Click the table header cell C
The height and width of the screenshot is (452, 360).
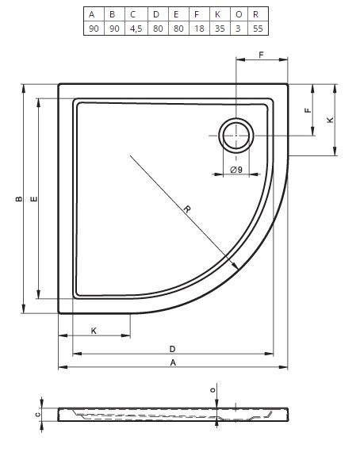pyautogui.click(x=136, y=14)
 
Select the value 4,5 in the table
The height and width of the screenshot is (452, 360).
pyautogui.click(x=136, y=29)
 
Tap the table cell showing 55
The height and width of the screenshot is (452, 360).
pyautogui.click(x=258, y=29)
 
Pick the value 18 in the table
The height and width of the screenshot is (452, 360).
pyautogui.click(x=199, y=29)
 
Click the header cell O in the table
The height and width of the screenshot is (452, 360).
pyautogui.click(x=239, y=14)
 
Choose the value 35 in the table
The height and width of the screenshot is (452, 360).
pyautogui.click(x=220, y=29)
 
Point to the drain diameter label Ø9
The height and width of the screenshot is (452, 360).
pyautogui.click(x=236, y=170)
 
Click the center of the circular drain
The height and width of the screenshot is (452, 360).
pyautogui.click(x=236, y=135)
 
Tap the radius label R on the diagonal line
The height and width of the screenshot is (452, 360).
pyautogui.click(x=187, y=209)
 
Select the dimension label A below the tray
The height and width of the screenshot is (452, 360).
pyautogui.click(x=173, y=362)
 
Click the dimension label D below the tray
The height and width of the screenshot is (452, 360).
pyautogui.click(x=172, y=349)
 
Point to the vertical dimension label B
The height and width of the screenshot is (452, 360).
pyautogui.click(x=19, y=198)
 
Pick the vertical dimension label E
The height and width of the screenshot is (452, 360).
pyautogui.click(x=34, y=198)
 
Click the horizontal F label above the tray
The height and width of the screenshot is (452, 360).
pyautogui.click(x=262, y=55)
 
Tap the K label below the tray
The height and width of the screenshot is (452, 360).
pyautogui.click(x=94, y=331)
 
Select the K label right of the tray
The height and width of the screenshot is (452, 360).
pyautogui.click(x=331, y=120)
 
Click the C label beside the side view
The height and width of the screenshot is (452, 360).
pyautogui.click(x=37, y=415)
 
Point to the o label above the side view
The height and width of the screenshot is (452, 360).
pyautogui.click(x=213, y=390)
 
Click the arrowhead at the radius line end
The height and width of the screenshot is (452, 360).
pyautogui.click(x=236, y=266)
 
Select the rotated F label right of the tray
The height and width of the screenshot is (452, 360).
pyautogui.click(x=308, y=110)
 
